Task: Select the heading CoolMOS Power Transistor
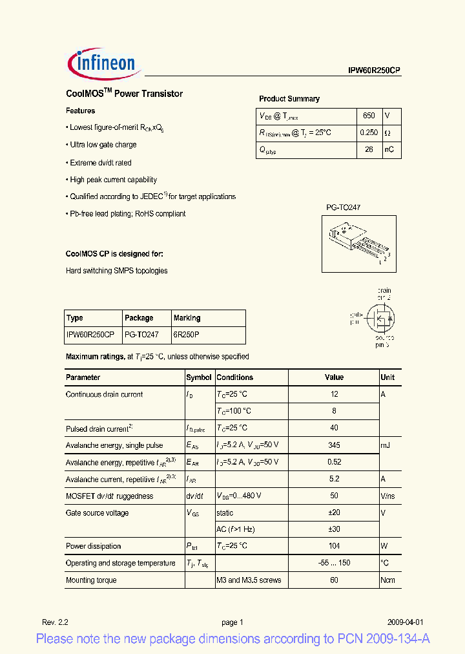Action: pos(124,94)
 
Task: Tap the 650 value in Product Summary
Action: pos(369,116)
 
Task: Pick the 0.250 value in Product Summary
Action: pos(369,132)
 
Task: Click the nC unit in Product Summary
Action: pos(389,150)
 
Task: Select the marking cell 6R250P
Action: pos(186,335)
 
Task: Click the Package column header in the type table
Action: pos(139,318)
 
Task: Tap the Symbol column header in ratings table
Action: pos(199,377)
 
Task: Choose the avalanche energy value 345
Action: pos(334,445)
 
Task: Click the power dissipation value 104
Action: pos(334,546)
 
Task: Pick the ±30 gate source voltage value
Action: pos(334,529)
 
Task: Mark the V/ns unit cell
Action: pos(388,496)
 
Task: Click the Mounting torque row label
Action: pos(91,580)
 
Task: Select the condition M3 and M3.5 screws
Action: pos(249,580)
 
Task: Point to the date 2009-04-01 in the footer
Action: pos(406,622)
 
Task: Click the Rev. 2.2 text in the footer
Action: pos(56,622)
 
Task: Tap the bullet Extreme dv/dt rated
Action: pos(100,163)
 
